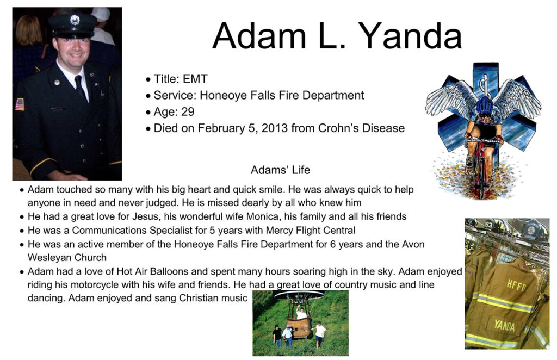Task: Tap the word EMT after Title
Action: (x=195, y=79)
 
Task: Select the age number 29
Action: (x=188, y=112)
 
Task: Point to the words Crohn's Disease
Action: (x=361, y=128)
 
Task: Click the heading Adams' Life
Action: (x=280, y=170)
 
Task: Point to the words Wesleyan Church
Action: (x=67, y=257)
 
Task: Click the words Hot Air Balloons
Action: (x=152, y=271)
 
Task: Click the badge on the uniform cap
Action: (x=75, y=20)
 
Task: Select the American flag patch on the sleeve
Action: (x=20, y=104)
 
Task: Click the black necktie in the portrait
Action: (x=81, y=88)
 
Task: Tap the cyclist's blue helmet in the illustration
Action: (x=484, y=105)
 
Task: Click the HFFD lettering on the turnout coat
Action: (x=516, y=285)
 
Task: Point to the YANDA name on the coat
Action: (x=504, y=325)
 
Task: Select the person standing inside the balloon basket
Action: (x=301, y=313)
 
